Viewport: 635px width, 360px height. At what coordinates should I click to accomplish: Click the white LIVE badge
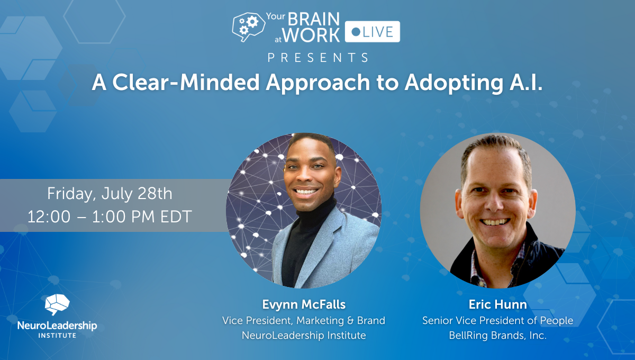372,31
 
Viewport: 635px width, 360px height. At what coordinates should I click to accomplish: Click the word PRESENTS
318,58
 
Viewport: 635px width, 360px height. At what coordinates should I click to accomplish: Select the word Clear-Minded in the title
186,83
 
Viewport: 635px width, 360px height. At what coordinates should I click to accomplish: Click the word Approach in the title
318,84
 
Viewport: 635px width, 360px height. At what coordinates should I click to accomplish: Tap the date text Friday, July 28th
110,194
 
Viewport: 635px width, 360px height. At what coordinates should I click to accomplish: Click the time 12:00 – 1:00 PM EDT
110,217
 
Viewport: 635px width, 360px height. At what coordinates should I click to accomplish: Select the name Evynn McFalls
304,304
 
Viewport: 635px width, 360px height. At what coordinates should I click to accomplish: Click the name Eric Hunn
497,304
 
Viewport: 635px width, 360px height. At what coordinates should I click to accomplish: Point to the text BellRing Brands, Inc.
497,335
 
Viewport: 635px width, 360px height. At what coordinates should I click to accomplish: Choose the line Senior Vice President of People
497,321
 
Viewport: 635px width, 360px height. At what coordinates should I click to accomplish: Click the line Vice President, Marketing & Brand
304,321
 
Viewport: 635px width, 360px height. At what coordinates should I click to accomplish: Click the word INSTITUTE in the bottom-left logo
57,336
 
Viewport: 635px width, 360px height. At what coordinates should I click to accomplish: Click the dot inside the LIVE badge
356,32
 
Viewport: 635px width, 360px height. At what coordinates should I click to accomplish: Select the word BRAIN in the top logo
314,19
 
